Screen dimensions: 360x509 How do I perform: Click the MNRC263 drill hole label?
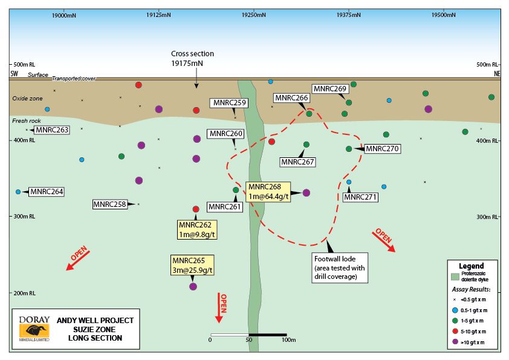(53, 129)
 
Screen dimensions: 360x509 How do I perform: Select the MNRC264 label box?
(47, 192)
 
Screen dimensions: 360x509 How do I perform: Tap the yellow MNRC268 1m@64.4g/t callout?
(268, 191)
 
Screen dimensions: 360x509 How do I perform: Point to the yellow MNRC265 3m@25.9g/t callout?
(193, 264)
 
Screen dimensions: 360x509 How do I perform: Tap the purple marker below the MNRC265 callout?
(193, 286)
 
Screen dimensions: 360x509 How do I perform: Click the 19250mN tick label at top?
(253, 14)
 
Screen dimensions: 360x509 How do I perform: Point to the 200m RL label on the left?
(24, 293)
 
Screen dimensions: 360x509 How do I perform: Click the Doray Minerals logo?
(34, 327)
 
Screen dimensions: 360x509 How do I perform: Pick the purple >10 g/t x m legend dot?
(455, 342)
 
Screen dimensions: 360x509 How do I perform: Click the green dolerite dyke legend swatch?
(455, 277)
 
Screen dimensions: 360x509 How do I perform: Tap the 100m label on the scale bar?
(288, 340)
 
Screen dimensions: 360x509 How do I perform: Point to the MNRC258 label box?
(109, 205)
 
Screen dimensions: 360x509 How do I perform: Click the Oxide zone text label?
(25, 98)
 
